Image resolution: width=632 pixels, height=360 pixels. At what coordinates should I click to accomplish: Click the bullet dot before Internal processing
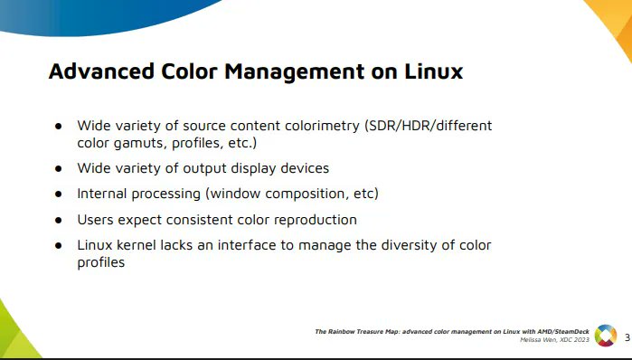click(58, 194)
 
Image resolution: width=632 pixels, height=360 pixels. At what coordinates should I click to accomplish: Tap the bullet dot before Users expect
click(58, 220)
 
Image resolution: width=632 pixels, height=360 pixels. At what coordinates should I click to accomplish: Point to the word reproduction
click(315, 220)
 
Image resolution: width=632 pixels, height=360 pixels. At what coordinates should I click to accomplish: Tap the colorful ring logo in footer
click(605, 336)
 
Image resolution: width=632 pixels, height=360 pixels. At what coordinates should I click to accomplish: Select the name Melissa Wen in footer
click(539, 340)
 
